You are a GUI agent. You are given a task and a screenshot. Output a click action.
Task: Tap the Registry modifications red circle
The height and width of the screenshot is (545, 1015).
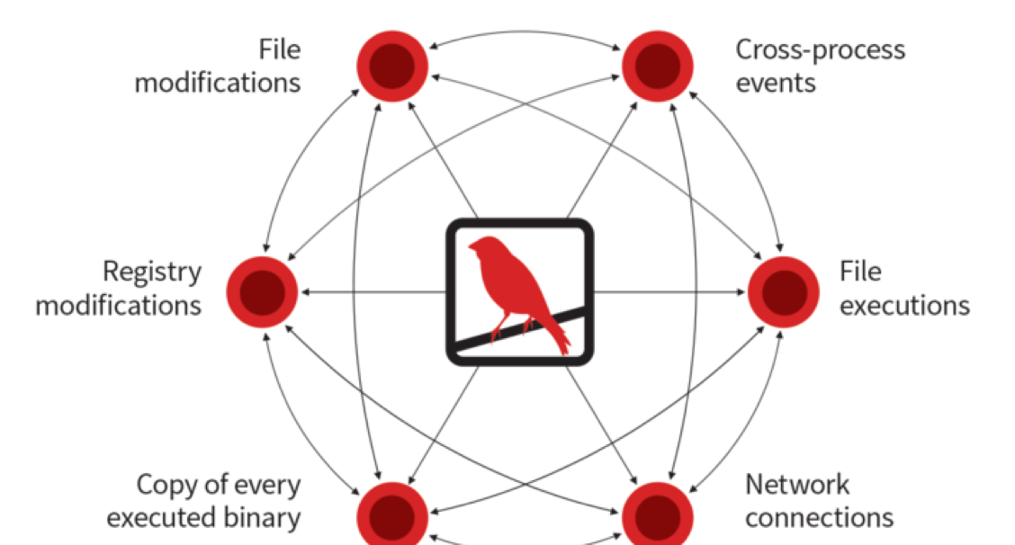261,291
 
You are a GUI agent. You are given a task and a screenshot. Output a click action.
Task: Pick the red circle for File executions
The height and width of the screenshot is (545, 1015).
784,291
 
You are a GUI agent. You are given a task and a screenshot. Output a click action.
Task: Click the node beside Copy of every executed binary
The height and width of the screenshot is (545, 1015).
391,515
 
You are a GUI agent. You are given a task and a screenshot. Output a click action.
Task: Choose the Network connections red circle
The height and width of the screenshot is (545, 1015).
658,515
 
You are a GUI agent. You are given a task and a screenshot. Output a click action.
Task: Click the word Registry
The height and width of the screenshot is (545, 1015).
152,272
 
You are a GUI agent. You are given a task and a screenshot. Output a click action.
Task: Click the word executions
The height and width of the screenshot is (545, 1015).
904,306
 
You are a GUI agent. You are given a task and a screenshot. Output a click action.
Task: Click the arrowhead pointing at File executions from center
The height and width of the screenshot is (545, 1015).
741,292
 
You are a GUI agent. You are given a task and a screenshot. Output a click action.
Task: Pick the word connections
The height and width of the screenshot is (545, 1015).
819,518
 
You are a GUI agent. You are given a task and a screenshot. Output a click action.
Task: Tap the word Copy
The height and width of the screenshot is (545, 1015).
166,485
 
